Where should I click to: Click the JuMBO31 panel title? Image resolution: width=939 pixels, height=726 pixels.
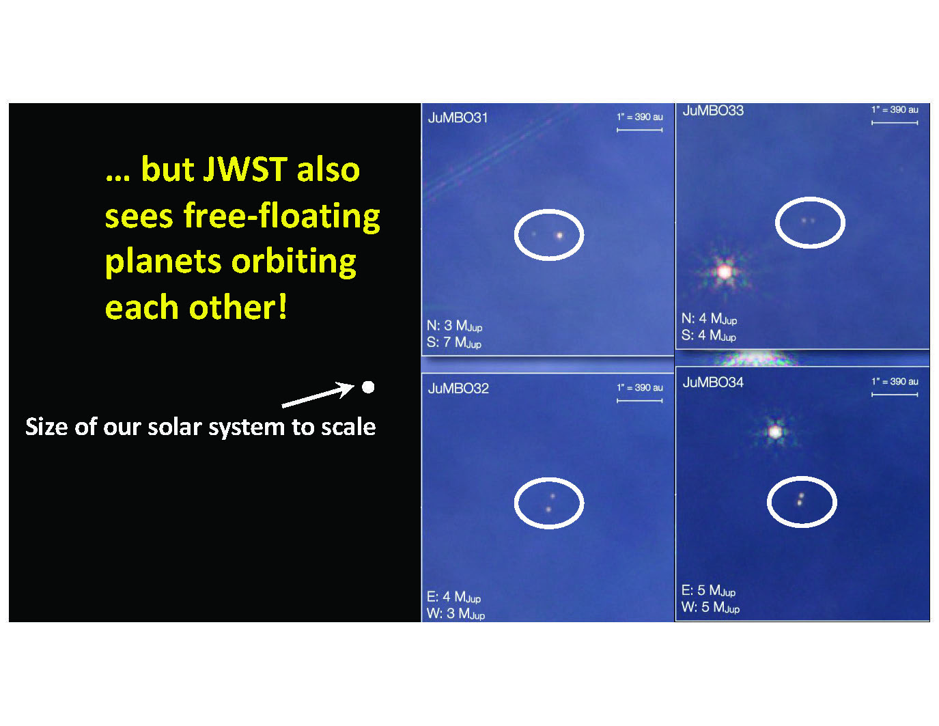pyautogui.click(x=458, y=117)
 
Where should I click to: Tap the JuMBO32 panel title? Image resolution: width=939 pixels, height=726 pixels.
pyautogui.click(x=458, y=388)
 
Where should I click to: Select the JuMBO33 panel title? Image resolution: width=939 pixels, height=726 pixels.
pyautogui.click(x=713, y=111)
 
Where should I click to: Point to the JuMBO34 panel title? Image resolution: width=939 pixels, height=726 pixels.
pyautogui.click(x=713, y=382)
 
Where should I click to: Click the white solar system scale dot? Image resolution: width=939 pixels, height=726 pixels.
pyautogui.click(x=368, y=387)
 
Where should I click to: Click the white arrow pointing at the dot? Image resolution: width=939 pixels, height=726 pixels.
pyautogui.click(x=318, y=395)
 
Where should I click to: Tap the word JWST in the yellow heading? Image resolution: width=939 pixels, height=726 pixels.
pyautogui.click(x=245, y=169)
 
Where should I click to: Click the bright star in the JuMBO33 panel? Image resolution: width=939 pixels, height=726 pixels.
pyautogui.click(x=725, y=272)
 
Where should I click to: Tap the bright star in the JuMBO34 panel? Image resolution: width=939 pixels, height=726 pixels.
pyautogui.click(x=775, y=431)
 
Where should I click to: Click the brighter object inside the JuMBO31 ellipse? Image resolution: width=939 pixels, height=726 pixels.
pyautogui.click(x=559, y=236)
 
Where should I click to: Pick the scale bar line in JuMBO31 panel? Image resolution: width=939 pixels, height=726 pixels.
pyautogui.click(x=639, y=130)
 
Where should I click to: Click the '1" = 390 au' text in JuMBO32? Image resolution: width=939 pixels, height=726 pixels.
pyautogui.click(x=639, y=388)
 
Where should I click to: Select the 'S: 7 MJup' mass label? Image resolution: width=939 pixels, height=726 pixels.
pyautogui.click(x=453, y=343)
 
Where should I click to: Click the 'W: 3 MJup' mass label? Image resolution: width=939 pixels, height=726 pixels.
pyautogui.click(x=456, y=613)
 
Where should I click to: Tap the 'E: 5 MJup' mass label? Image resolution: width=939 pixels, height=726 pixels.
pyautogui.click(x=708, y=590)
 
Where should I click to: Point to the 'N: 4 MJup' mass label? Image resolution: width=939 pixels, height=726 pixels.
pyautogui.click(x=709, y=319)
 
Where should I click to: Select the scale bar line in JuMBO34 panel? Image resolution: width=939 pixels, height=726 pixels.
pyautogui.click(x=895, y=395)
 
